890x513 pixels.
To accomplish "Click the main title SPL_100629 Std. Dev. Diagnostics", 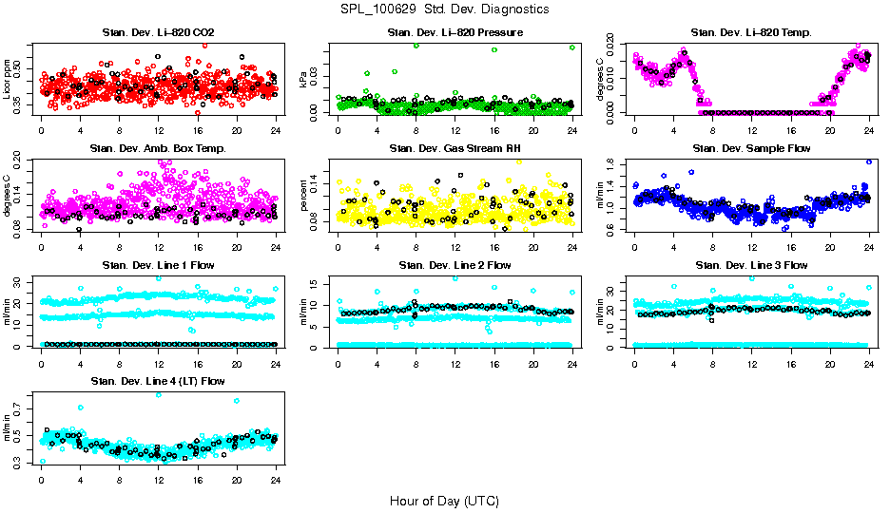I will point(444,9).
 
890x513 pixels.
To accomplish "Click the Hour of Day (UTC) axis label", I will point(444,500).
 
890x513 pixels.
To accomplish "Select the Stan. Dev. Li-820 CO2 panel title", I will point(158,33).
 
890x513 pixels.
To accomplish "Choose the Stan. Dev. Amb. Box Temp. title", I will point(158,148).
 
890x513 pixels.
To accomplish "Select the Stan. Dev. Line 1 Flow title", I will point(158,265).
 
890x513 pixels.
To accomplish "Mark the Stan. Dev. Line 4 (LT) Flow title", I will point(158,381).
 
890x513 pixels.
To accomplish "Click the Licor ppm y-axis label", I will point(8,79).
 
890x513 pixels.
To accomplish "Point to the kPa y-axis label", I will point(304,80).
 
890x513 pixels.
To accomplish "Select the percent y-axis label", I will point(304,196).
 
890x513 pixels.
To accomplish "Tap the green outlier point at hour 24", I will point(572,47).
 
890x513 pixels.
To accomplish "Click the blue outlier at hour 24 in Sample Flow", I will point(869,161).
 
